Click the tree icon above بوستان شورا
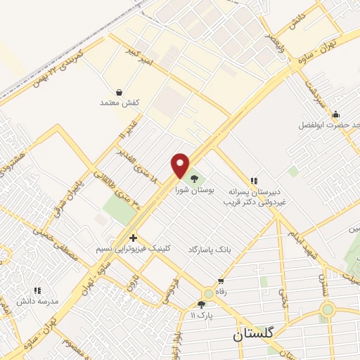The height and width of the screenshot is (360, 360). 194,178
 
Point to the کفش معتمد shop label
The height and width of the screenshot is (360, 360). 120,103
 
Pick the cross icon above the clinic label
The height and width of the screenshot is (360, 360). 133,238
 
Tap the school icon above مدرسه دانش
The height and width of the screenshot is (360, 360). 37,290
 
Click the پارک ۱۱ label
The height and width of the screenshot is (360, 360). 202,315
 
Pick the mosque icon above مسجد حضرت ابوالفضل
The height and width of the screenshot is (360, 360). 336,115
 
